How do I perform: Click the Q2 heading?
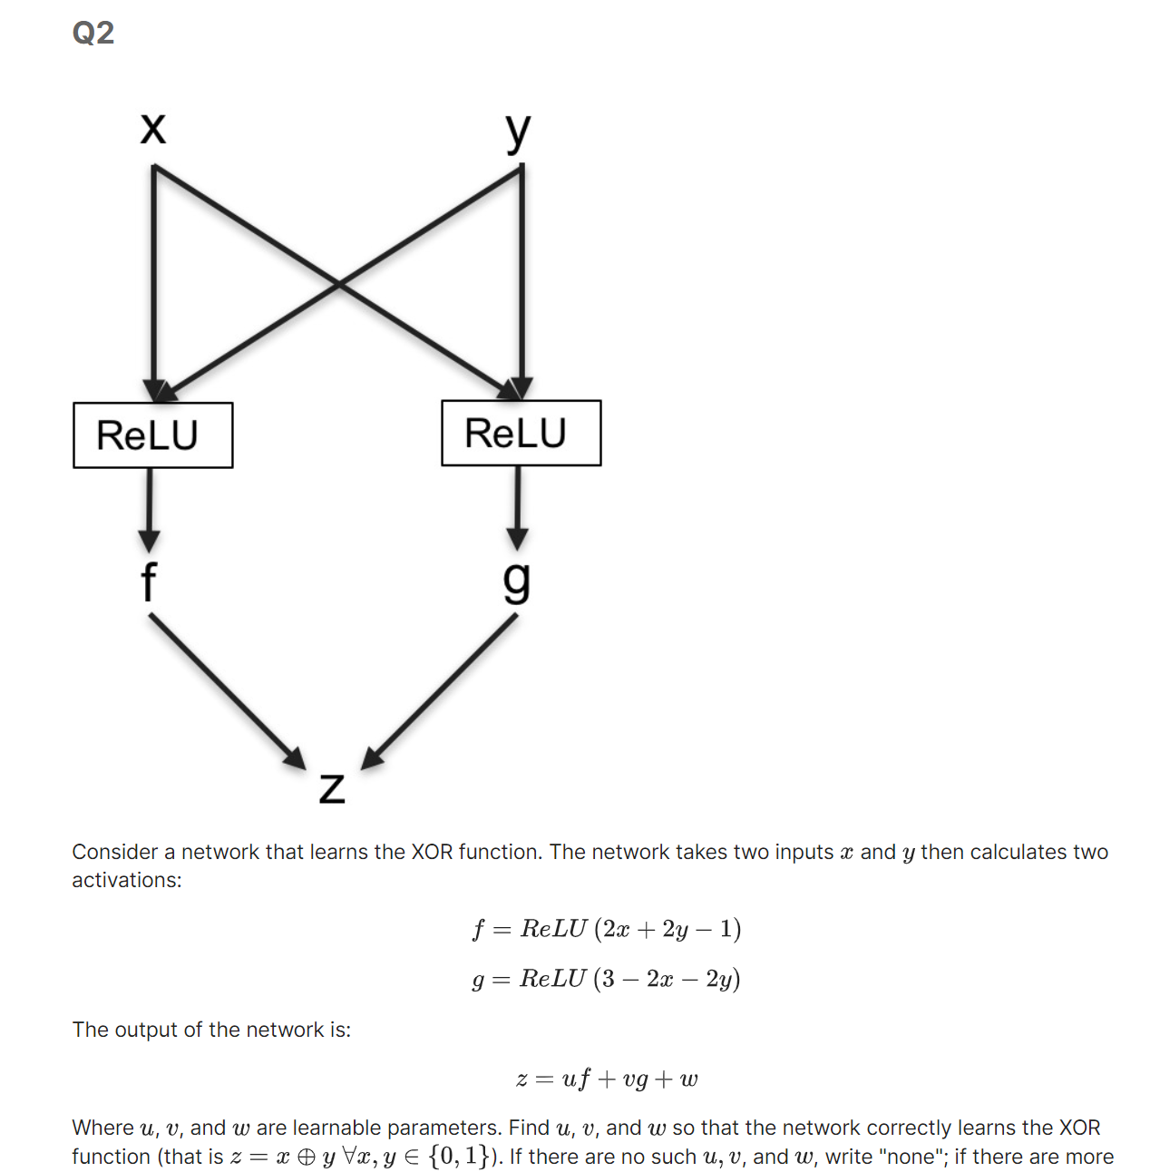click(93, 33)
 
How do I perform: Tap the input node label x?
click(153, 128)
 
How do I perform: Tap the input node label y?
click(518, 132)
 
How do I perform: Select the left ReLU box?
click(152, 435)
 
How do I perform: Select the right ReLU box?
click(521, 433)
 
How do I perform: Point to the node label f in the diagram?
click(149, 581)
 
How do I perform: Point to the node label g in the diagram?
click(517, 581)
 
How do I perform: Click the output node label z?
click(332, 787)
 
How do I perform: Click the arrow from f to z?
click(227, 689)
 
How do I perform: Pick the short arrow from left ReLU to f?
click(150, 508)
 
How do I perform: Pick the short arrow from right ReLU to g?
click(517, 506)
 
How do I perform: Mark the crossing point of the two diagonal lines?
click(338, 284)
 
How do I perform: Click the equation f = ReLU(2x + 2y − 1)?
click(606, 929)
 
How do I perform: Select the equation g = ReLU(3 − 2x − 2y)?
click(606, 979)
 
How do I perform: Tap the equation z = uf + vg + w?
click(606, 1079)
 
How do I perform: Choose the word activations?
click(127, 880)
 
